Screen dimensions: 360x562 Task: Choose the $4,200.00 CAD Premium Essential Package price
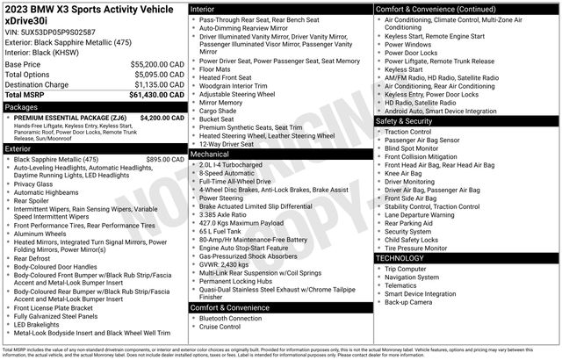[162, 117]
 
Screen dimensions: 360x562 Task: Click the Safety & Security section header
[410, 120]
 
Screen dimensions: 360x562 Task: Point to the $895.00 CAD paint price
[165, 159]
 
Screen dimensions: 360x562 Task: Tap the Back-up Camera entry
[409, 301]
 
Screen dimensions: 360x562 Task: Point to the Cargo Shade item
[219, 112]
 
